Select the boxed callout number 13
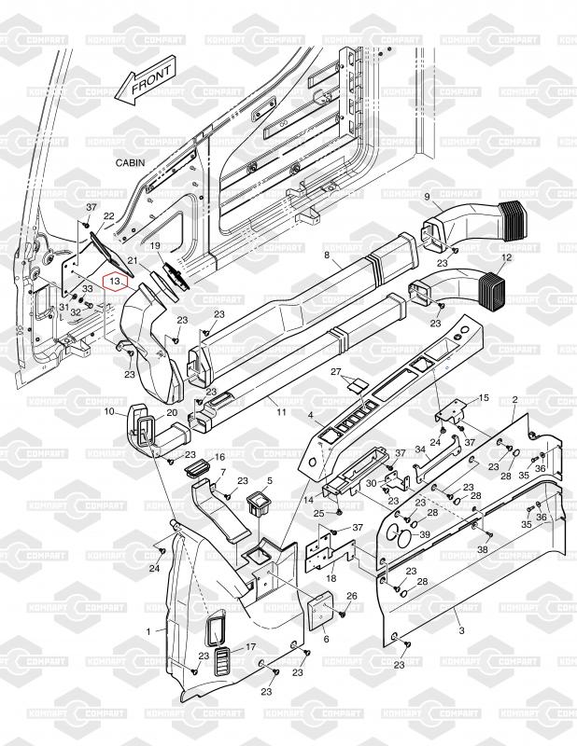(x=115, y=280)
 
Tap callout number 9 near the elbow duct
(x=427, y=197)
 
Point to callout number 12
(x=507, y=256)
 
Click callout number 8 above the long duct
(x=327, y=254)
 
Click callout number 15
(x=483, y=398)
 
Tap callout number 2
(x=515, y=400)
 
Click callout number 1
(x=149, y=631)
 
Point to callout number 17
(x=250, y=647)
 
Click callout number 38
(x=482, y=550)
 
